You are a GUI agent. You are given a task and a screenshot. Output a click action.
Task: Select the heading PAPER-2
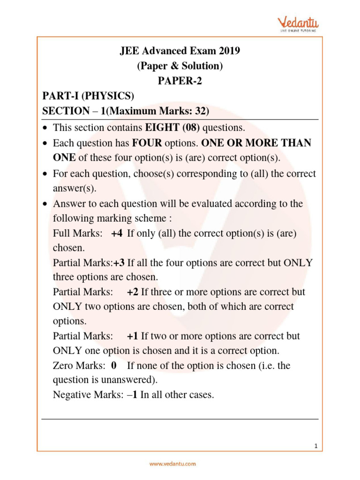point(180,81)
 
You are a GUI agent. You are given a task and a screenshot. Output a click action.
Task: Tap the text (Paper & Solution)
point(180,66)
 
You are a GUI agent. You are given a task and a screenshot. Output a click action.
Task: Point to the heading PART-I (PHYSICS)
point(88,96)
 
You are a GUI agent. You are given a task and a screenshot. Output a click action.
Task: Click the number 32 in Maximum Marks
point(201,111)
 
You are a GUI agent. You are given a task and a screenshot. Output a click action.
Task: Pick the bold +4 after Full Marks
point(117,233)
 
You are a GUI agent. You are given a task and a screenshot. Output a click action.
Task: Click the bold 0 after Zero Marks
point(114,366)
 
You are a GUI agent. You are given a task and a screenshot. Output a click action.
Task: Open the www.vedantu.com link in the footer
point(172,464)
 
